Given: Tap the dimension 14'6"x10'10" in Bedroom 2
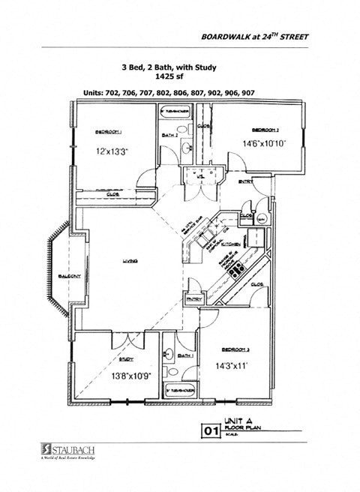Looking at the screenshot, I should tap(265, 143).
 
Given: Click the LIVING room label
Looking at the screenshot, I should tap(130, 261).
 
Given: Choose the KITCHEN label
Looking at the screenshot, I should tap(229, 244).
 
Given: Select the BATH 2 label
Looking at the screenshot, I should tap(169, 135).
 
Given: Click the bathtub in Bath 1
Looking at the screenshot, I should tap(179, 391).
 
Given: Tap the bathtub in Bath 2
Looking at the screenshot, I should tap(178, 110).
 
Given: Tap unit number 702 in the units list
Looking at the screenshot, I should tap(119, 92).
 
